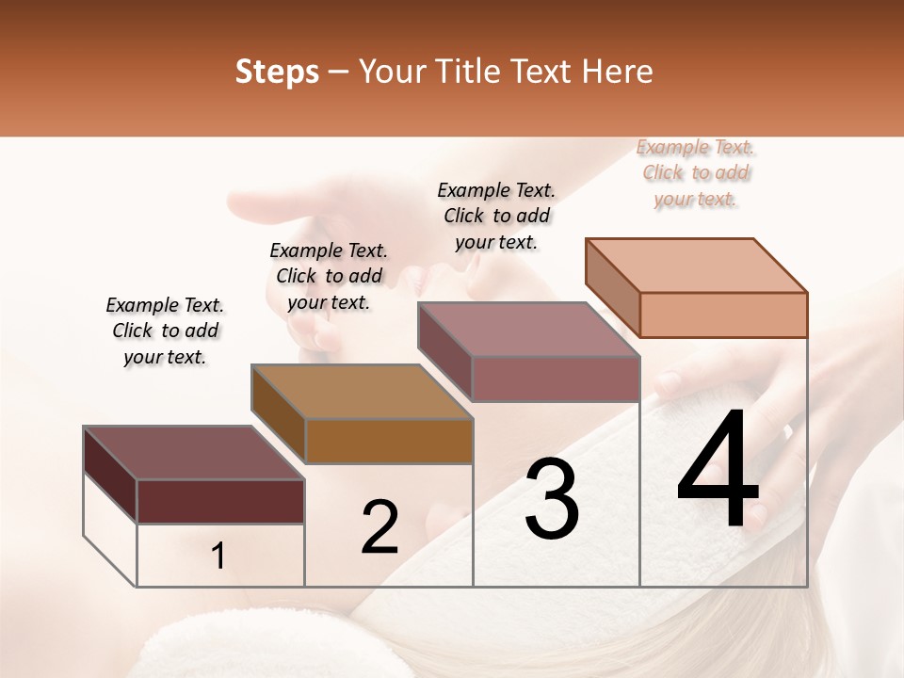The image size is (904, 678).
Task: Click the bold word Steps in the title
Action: (277, 72)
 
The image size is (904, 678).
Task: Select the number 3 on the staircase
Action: (552, 499)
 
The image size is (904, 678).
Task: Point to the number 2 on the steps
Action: (379, 526)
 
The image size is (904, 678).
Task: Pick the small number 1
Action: (218, 557)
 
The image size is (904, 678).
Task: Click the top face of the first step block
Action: (194, 452)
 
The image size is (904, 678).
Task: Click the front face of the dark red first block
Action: (220, 501)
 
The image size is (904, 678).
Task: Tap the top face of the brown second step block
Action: (362, 391)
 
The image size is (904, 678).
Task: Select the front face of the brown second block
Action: (389, 441)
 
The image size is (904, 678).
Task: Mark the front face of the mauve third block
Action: (556, 379)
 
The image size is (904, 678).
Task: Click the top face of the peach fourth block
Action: (697, 265)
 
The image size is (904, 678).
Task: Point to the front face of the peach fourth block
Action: (723, 315)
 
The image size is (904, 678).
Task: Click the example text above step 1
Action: (165, 331)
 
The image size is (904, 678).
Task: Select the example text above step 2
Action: (329, 276)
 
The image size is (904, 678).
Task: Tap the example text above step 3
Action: (496, 216)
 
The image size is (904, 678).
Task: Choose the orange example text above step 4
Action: (696, 172)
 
